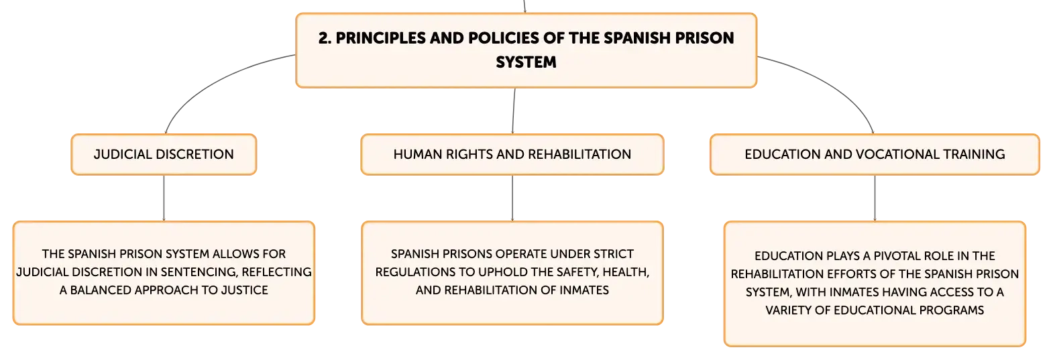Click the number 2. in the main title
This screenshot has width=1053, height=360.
click(x=325, y=38)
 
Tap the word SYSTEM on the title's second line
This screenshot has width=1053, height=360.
click(x=526, y=62)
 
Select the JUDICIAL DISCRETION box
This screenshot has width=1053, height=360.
click(x=164, y=155)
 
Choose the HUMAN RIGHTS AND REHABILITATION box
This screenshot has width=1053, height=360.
click(x=512, y=155)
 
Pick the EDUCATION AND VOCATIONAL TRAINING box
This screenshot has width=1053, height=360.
click(x=875, y=155)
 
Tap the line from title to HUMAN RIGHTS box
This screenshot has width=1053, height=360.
click(x=514, y=111)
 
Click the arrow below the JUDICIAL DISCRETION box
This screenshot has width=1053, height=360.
click(x=164, y=198)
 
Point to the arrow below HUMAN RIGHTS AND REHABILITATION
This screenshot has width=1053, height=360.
click(x=512, y=198)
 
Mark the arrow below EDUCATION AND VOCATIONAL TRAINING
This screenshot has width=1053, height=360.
click(x=875, y=198)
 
